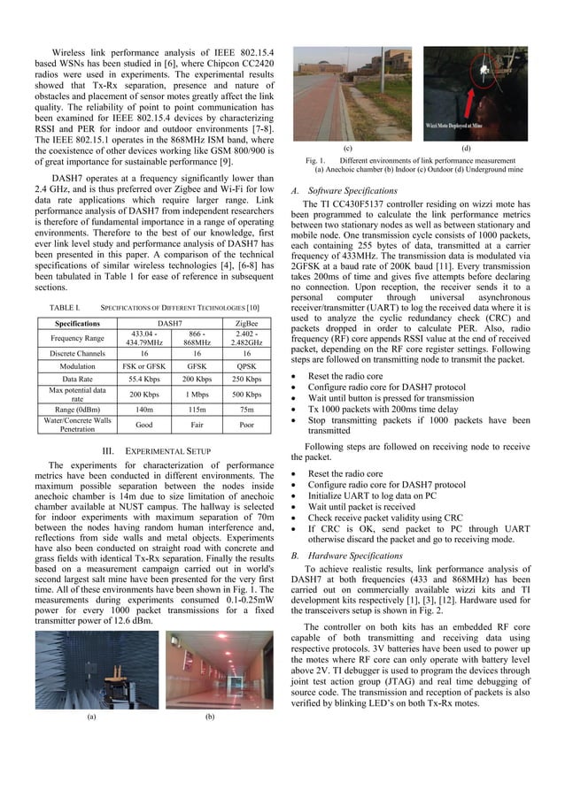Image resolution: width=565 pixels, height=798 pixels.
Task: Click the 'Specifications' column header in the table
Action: tap(78, 324)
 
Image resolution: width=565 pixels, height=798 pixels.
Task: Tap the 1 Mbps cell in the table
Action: tap(196, 394)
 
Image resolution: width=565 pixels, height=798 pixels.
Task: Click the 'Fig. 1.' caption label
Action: tap(316, 160)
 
